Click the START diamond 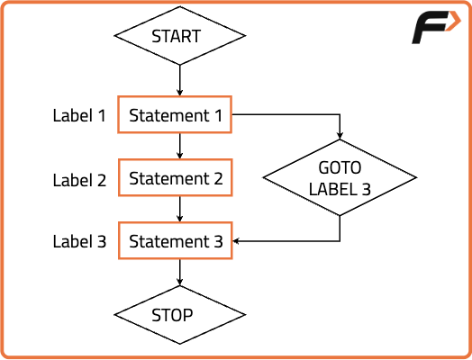180,36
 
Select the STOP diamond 180,315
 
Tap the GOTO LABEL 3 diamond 340,177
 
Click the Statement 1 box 175,114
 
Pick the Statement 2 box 175,177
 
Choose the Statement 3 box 175,240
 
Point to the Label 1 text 79,115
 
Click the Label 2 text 79,180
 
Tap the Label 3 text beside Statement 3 79,241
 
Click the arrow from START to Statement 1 180,80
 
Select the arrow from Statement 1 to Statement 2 180,146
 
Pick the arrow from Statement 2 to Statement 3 180,210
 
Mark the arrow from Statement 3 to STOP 180,273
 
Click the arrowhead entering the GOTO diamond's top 340,136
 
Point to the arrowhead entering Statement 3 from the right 236,241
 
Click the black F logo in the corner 431,28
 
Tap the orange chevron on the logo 454,21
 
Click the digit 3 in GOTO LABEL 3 366,189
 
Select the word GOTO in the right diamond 340,167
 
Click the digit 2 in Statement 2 218,178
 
